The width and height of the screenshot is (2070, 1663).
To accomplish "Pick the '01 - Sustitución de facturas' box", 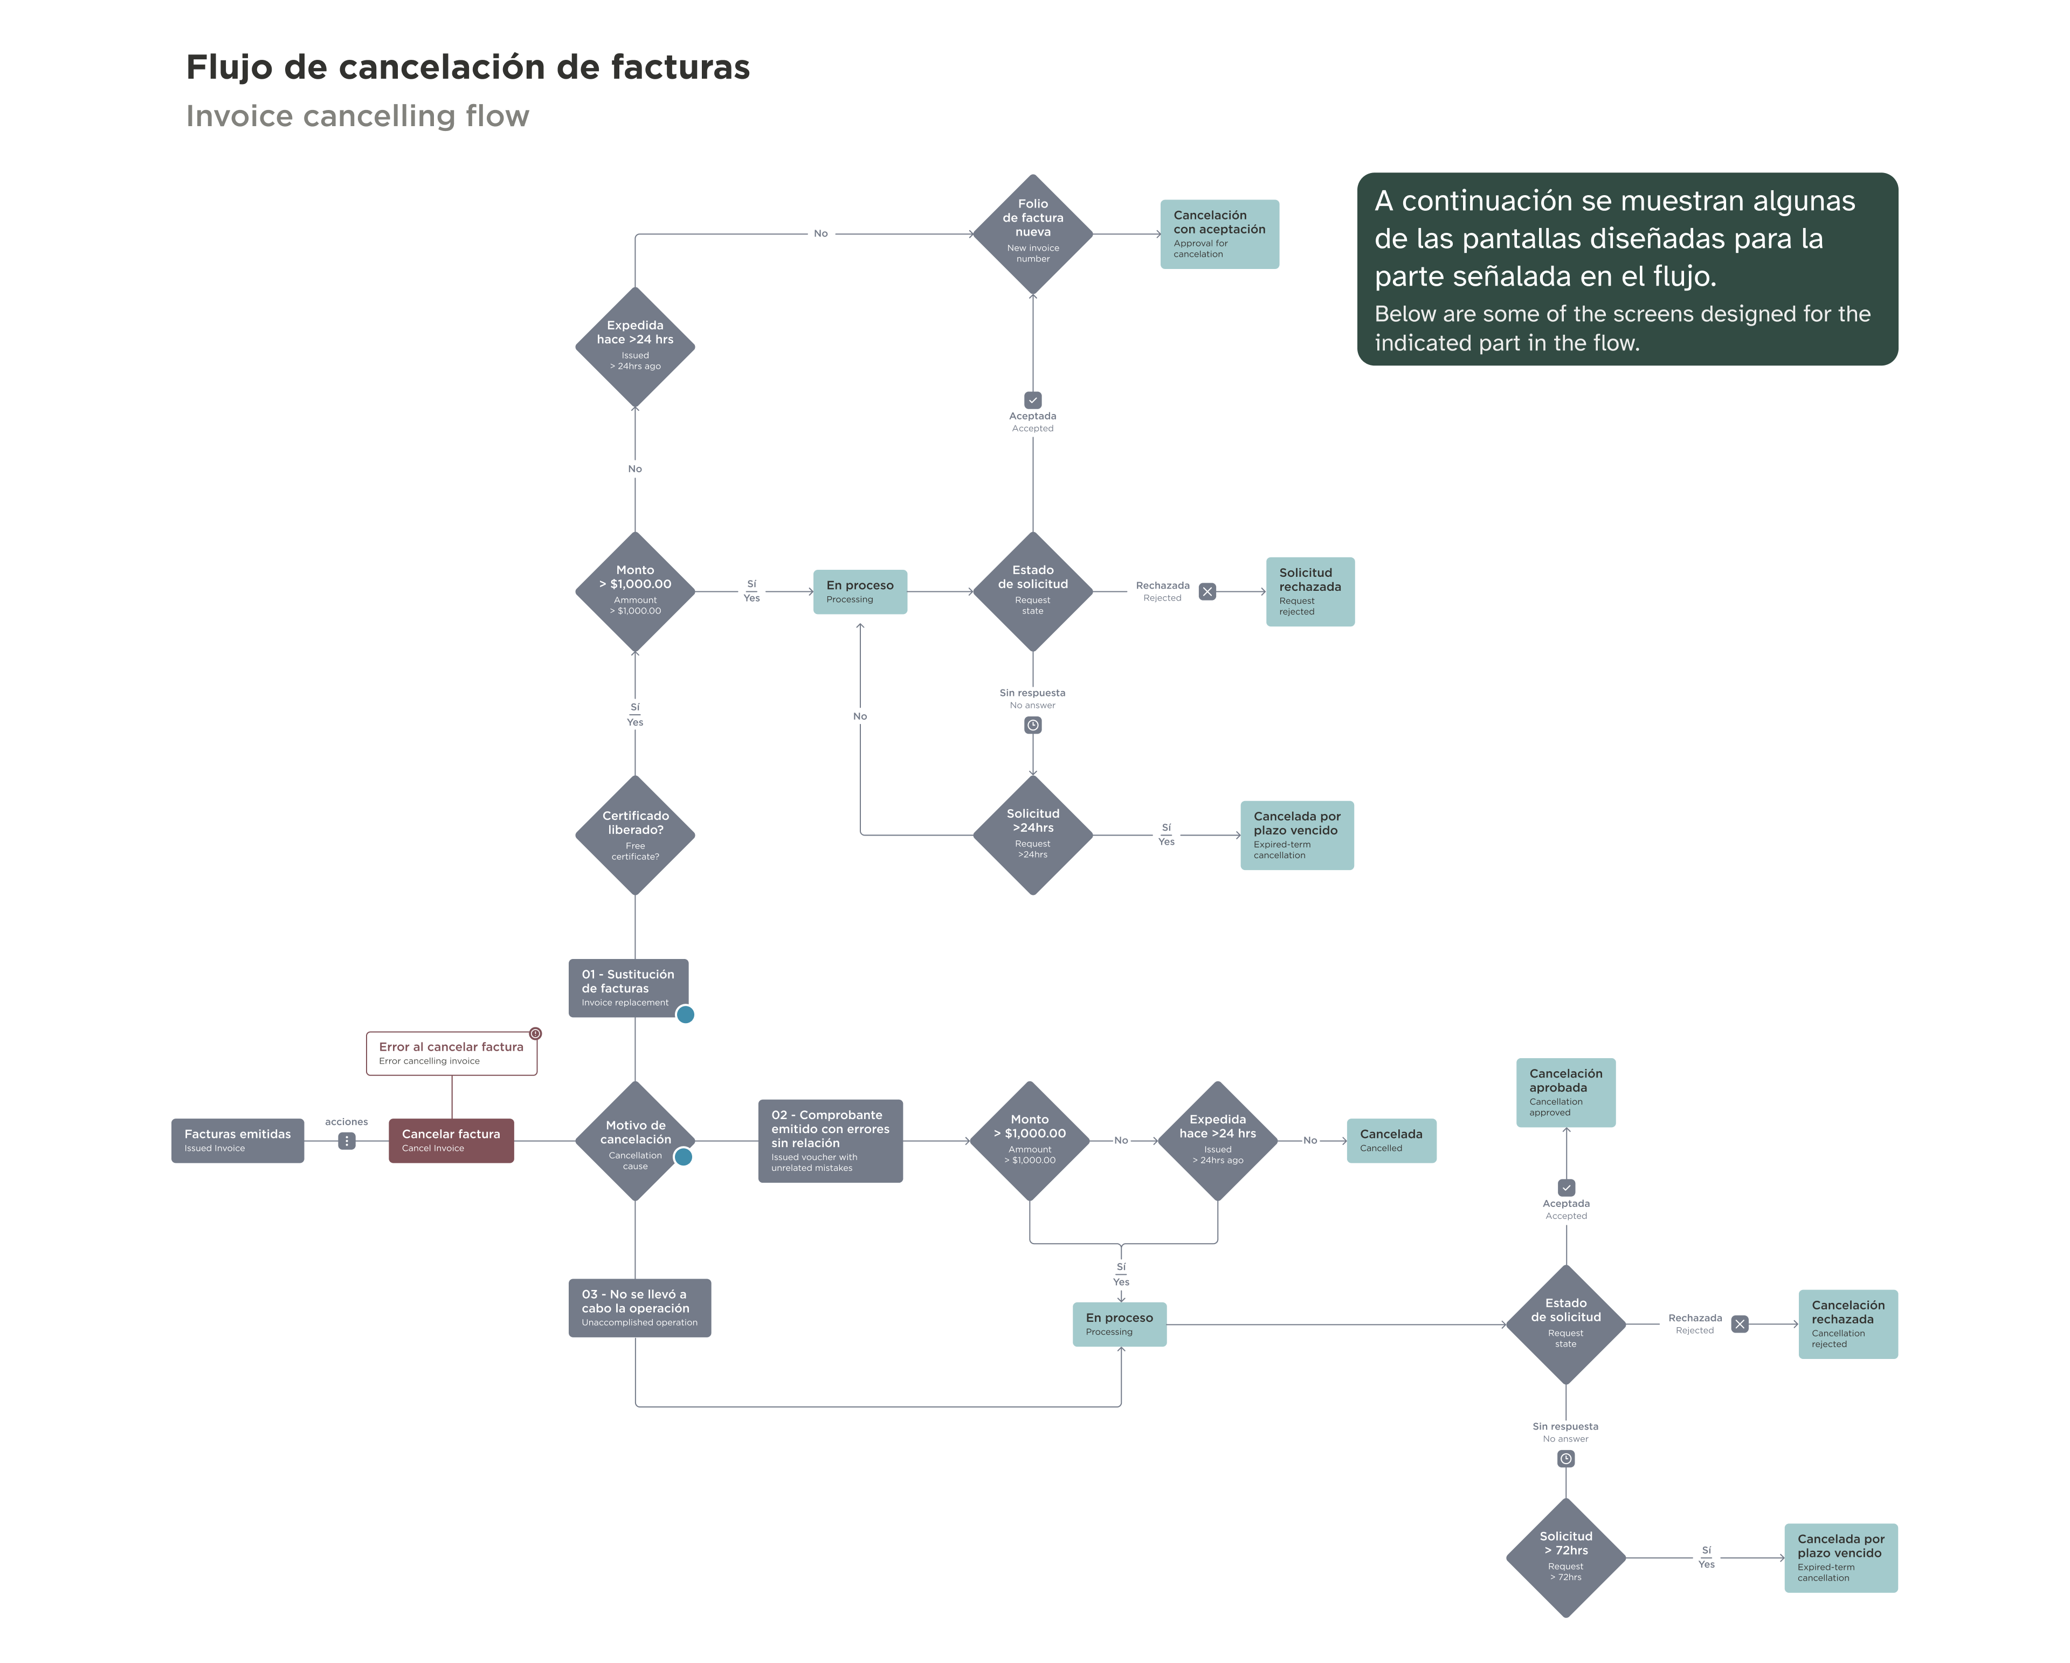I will (628, 987).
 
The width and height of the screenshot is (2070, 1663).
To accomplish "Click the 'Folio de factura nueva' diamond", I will (1032, 233).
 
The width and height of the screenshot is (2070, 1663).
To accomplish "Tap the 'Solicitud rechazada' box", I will (1309, 591).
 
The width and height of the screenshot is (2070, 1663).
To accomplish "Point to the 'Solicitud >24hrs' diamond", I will (1032, 834).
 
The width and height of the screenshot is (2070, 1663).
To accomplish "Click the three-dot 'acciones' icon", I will (347, 1141).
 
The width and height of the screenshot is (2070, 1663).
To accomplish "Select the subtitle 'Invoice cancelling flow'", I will (357, 116).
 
